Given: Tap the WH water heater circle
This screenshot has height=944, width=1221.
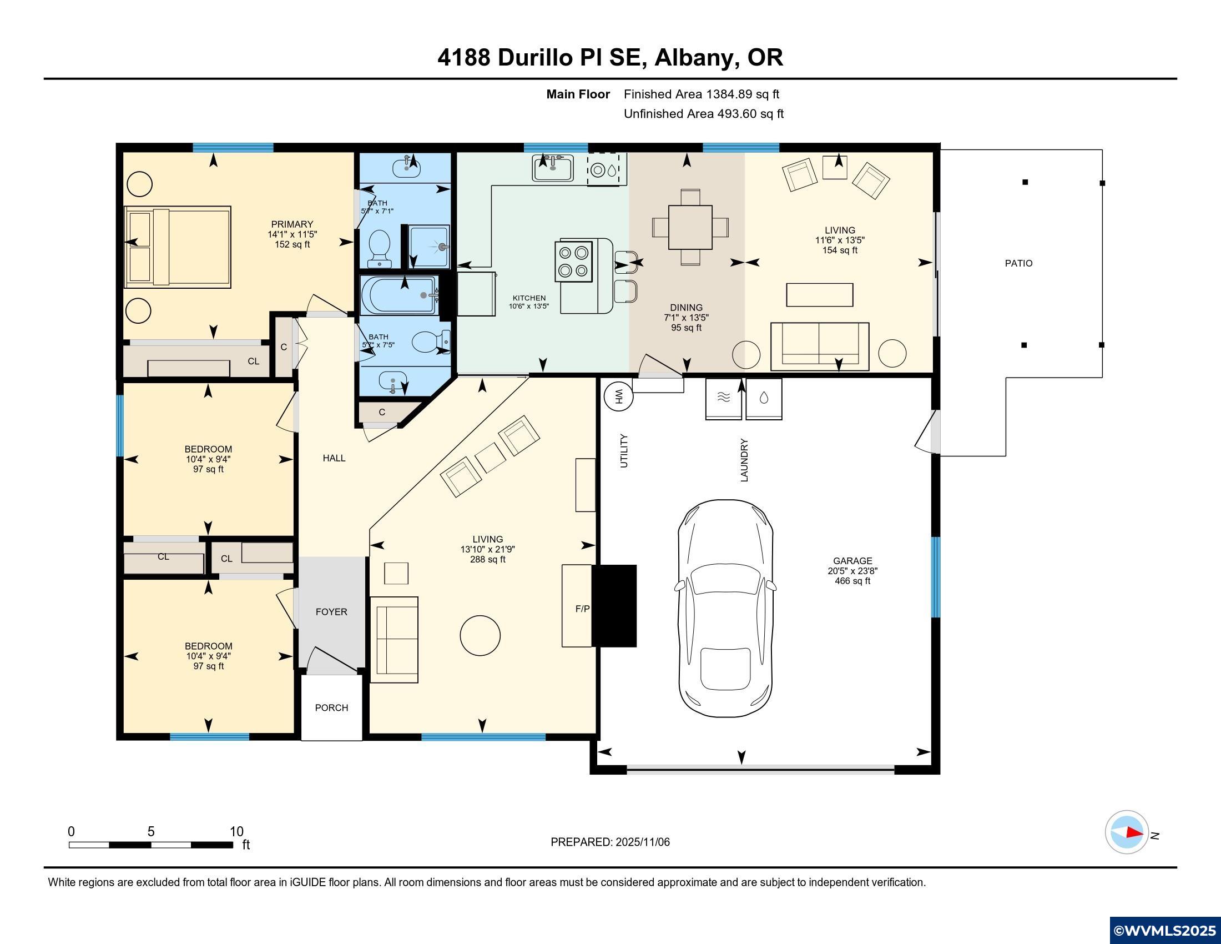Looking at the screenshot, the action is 618,397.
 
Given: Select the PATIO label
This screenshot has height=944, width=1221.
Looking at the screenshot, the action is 1018,263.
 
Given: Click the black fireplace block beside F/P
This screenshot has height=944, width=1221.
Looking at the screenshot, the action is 614,606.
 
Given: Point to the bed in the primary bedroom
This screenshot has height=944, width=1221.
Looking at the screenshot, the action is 178,247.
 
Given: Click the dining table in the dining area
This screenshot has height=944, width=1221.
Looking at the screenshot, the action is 690,227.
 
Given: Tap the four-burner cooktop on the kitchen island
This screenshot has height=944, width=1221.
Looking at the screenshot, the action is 573,261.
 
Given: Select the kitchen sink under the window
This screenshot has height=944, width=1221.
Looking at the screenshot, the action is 552,168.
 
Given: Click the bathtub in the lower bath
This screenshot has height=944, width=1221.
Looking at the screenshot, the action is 400,295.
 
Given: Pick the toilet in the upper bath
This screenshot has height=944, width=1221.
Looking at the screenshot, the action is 380,247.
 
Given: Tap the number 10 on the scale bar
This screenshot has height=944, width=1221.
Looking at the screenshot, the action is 236,832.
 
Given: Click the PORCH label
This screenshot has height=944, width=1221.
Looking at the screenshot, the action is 331,707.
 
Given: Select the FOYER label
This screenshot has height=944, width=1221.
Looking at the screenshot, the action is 331,612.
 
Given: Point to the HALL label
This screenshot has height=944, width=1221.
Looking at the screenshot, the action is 334,458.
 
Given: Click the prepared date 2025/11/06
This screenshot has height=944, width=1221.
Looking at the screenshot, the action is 642,842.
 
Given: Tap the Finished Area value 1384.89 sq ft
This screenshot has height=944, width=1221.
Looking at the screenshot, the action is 743,94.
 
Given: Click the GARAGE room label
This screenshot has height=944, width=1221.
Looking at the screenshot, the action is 852,561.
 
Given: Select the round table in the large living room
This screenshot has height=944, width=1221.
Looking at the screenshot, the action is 480,635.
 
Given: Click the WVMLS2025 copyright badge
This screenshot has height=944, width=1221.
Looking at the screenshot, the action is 1165,931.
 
